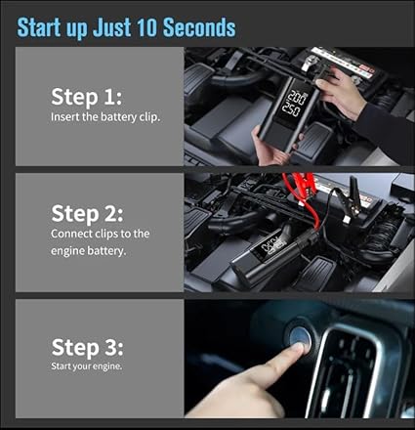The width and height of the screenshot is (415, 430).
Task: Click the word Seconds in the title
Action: pos(199,27)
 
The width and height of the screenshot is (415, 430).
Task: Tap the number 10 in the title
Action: pos(147,27)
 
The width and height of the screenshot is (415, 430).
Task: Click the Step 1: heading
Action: pos(86,97)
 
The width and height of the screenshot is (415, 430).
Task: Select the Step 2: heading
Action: pos(87,214)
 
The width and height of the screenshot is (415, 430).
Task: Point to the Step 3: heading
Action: pos(87,347)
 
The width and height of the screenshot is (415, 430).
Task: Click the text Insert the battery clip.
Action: pos(105,117)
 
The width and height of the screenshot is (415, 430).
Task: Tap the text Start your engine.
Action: pos(87,366)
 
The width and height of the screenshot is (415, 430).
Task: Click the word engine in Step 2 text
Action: pos(69,251)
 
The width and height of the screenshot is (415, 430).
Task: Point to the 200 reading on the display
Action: pos(297,98)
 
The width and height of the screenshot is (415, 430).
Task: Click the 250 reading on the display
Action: pos(291,109)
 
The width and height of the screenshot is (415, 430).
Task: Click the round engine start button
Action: pos(300,338)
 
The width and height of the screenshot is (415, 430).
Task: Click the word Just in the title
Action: pos(111,27)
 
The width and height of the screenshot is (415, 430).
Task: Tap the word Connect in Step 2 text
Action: pos(71,234)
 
